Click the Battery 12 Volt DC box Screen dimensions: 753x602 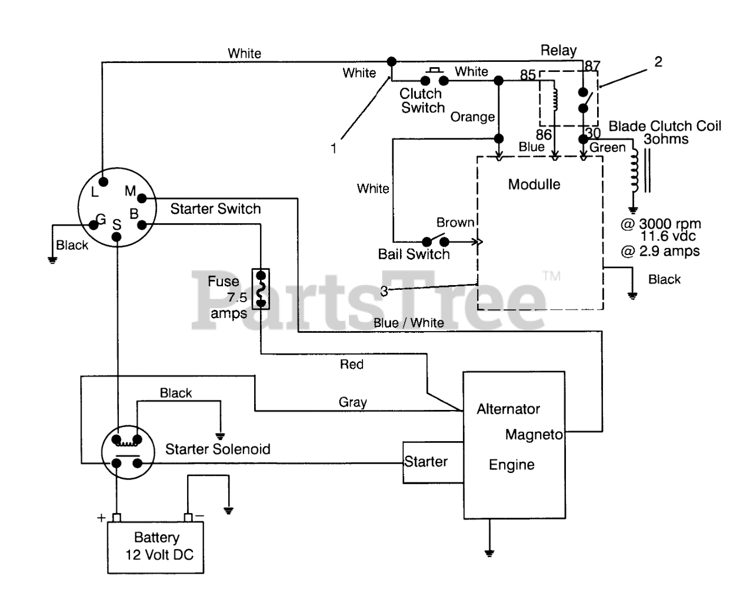tap(156, 547)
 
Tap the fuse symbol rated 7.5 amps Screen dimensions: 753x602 tap(261, 289)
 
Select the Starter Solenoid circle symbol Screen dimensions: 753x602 tap(128, 452)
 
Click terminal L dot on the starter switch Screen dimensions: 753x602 tap(103, 182)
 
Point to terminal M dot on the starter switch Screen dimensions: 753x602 tap(142, 199)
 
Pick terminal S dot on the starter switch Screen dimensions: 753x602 tap(116, 237)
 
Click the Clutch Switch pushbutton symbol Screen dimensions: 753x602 tap(434, 77)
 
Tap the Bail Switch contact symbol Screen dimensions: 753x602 tap(435, 240)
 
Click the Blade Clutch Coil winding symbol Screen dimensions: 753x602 tap(634, 171)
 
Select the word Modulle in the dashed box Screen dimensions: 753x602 tap(534, 184)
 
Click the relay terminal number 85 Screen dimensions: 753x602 tap(528, 75)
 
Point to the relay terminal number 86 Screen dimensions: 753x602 tap(544, 135)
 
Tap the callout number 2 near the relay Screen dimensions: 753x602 tap(658, 62)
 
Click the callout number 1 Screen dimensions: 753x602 tap(334, 148)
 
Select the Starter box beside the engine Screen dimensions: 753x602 tap(433, 462)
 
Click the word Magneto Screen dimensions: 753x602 tap(534, 435)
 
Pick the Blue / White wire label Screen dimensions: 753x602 tap(409, 323)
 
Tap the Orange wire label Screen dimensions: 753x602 tap(472, 117)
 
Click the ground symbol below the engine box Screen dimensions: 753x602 tap(489, 553)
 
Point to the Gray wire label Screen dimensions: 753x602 tap(353, 402)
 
